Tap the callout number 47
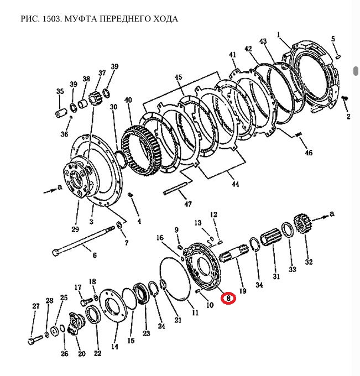point(189,205)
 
